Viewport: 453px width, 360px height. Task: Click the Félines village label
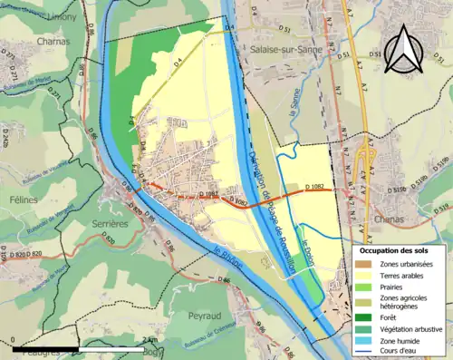click(24, 199)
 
